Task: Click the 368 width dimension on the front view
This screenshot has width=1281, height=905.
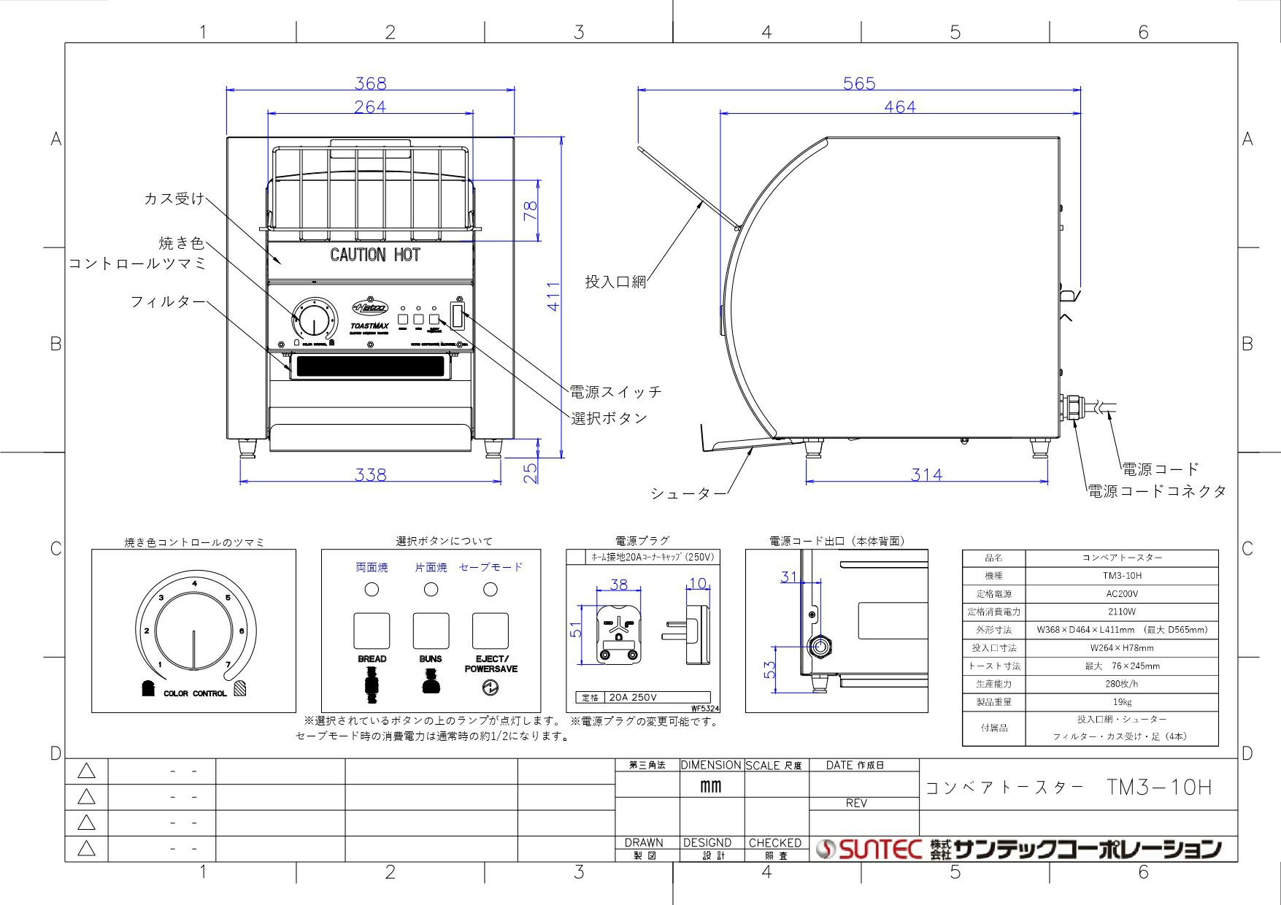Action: coord(370,83)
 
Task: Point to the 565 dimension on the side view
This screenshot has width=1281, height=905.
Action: coord(858,83)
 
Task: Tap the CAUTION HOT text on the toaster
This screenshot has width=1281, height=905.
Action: coord(375,255)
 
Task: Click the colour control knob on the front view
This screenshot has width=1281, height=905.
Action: coord(314,320)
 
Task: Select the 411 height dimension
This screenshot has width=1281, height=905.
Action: coord(554,296)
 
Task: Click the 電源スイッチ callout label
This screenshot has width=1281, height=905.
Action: coord(615,392)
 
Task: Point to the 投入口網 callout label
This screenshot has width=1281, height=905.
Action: coord(615,282)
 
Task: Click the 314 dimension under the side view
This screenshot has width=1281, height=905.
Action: coord(926,474)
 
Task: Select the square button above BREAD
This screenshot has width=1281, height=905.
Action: coord(372,631)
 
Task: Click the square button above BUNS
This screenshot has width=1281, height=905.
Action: coord(431,631)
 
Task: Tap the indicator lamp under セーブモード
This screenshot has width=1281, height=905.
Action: coord(491,589)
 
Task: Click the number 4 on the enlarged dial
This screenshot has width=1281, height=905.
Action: coord(194,583)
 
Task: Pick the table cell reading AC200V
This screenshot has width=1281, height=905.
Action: coord(1121,594)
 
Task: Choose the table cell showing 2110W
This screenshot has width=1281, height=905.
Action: coord(1121,612)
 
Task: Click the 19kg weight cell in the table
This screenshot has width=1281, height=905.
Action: coord(1121,702)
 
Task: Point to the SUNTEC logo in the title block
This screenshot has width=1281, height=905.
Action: coord(869,849)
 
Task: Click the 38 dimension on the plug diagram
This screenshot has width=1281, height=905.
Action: coord(618,585)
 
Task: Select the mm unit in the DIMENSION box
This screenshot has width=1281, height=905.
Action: coord(710,786)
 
